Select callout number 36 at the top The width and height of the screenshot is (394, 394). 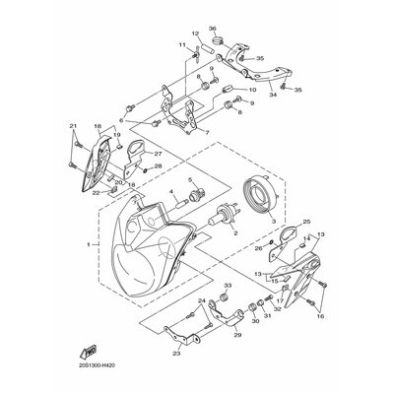click(x=212, y=28)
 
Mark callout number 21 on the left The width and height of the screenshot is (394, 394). click(x=72, y=127)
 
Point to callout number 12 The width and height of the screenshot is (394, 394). click(x=194, y=34)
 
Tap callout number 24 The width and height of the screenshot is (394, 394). click(x=201, y=301)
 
